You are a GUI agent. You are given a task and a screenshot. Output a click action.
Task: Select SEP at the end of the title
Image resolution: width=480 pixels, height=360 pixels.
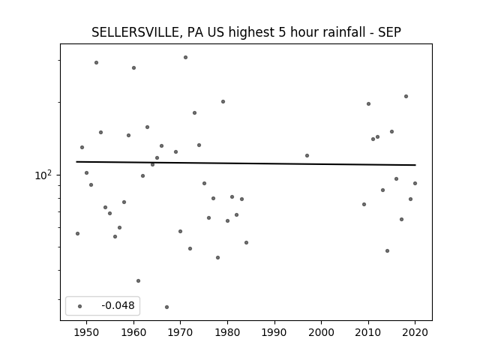point(389,32)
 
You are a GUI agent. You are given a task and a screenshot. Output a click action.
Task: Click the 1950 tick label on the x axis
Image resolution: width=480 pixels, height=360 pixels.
point(87,332)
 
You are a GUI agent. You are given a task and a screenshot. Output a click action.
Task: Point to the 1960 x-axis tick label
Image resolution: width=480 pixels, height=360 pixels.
point(133,332)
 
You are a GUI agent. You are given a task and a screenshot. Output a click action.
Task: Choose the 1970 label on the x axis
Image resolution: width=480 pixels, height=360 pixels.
point(181,332)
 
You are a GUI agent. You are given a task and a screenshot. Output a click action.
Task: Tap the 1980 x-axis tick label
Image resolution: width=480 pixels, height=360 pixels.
point(227,332)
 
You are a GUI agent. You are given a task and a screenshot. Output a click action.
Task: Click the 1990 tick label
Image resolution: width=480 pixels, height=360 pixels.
point(274,332)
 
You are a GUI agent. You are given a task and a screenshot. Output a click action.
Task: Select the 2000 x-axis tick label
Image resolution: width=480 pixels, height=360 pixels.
point(322,332)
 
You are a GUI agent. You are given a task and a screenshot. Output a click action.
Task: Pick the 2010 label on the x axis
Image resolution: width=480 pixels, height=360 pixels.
point(368,332)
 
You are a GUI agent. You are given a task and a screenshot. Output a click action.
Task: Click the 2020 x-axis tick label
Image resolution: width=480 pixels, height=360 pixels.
point(415,332)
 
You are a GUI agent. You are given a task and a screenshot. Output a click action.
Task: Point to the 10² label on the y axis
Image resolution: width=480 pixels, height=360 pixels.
point(43,175)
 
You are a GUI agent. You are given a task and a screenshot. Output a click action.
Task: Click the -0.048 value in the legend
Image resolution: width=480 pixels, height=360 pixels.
point(118,305)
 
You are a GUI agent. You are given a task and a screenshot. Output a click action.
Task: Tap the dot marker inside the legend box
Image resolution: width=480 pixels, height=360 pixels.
point(80,306)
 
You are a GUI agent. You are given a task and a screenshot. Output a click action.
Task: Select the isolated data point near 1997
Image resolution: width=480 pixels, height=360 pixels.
point(307,155)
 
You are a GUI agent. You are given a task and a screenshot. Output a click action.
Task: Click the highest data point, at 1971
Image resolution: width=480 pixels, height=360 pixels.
point(185,57)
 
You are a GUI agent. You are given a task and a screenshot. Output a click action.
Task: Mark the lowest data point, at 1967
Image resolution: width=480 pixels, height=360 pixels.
point(166,307)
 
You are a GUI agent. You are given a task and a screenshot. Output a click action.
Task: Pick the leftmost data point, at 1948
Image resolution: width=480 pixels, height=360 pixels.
point(77,233)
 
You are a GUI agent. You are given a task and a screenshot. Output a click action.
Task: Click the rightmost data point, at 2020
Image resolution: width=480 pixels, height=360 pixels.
point(415,183)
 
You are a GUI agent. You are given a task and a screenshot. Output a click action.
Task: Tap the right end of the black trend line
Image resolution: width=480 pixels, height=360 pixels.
point(415,165)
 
